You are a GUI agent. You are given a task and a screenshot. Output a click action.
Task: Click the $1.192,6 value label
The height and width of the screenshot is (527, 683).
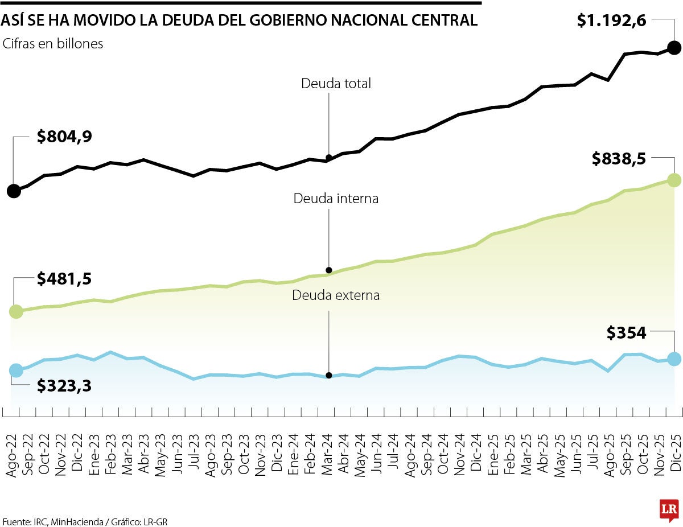tap(611, 20)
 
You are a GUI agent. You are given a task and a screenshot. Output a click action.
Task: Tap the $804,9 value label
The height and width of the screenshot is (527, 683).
tap(64, 137)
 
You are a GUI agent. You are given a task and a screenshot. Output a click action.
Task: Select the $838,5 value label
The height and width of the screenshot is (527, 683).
tap(619, 159)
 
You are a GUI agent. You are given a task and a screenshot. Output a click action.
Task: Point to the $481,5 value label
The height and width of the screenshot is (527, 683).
tap(64, 279)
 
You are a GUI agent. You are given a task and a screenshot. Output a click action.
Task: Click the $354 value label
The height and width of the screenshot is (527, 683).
tap(626, 332)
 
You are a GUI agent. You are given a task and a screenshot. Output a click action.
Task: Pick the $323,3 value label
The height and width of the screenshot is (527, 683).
tap(64, 385)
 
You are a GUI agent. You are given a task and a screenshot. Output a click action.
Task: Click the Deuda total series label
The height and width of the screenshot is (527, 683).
tap(336, 84)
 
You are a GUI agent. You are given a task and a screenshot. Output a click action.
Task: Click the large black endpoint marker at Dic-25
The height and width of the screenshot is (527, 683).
tap(674, 48)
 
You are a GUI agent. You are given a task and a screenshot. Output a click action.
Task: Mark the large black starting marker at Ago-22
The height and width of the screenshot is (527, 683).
tap(14, 191)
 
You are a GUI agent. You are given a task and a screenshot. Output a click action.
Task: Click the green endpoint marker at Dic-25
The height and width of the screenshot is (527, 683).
tap(674, 180)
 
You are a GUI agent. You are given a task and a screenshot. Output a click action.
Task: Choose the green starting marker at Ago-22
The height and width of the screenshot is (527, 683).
tap(16, 311)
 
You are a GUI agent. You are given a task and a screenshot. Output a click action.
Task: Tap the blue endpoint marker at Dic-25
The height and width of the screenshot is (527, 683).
tap(674, 359)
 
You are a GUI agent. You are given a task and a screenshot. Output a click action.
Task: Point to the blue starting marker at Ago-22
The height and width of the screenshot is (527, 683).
tap(16, 370)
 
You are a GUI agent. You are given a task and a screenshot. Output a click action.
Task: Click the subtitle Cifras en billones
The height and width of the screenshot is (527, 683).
tap(53, 44)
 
